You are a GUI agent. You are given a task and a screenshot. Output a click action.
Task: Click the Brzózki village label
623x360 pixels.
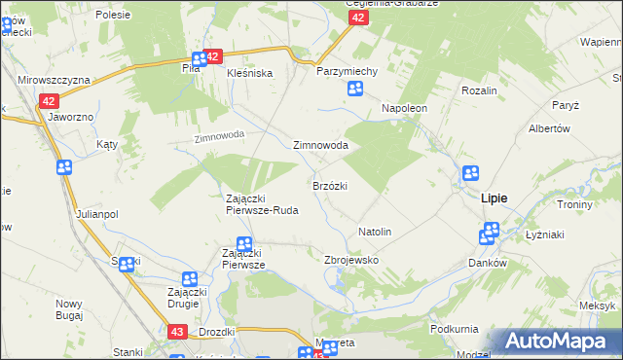tap(330, 185)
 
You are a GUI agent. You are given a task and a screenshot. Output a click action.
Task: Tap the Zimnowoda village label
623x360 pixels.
tap(321, 145)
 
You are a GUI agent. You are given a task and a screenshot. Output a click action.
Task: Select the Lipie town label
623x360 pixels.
tap(494, 198)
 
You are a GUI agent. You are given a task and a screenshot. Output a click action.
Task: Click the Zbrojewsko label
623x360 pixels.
tap(350, 261)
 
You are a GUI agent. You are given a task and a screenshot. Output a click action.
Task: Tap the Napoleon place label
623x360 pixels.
tap(404, 108)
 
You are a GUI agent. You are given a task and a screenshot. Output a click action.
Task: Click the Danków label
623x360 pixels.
tap(488, 264)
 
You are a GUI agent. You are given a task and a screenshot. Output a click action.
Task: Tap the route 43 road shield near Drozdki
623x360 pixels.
tap(176, 332)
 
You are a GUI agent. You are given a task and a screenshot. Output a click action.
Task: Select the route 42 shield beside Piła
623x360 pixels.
tap(214, 57)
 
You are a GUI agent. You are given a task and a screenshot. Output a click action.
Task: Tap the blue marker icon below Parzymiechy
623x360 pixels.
tap(356, 90)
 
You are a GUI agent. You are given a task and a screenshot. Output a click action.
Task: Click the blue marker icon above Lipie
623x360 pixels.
tap(470, 174)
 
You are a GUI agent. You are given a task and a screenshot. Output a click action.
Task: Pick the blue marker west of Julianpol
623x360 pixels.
tap(64, 167)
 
